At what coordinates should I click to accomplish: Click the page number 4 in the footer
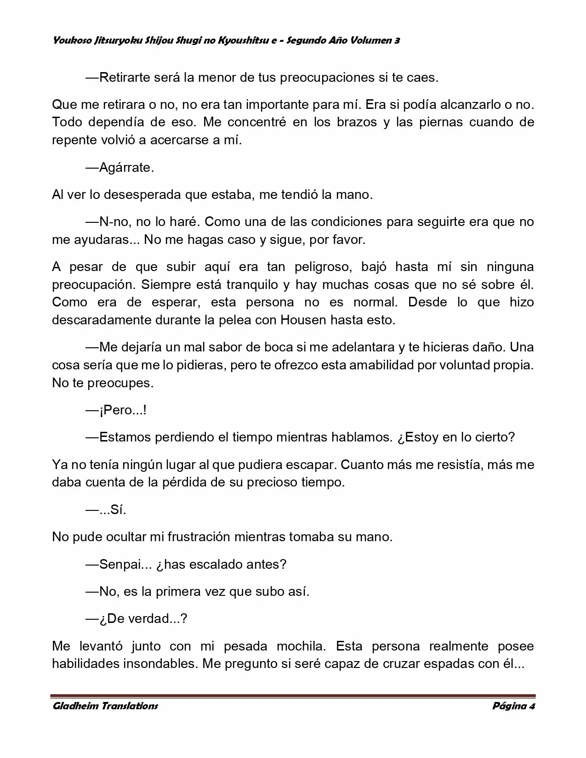click(x=532, y=706)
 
